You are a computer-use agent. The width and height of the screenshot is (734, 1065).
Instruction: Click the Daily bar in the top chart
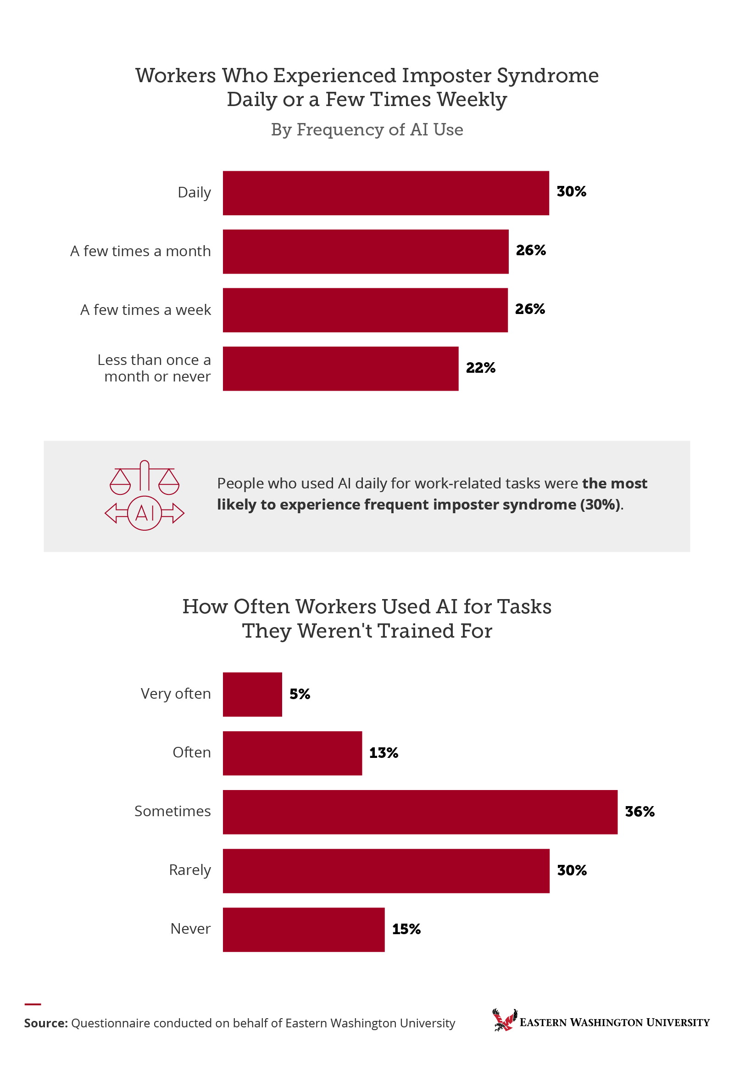385,193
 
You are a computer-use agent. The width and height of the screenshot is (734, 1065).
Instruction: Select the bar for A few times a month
366,251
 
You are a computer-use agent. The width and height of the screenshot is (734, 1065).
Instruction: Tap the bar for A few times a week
365,310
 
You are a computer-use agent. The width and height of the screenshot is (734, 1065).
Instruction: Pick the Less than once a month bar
340,368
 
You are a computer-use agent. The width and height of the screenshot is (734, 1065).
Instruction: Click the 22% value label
481,368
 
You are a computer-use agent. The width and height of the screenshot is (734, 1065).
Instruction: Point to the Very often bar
252,694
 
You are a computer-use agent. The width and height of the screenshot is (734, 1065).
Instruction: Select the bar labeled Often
292,753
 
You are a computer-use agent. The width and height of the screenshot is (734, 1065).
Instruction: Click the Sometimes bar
420,812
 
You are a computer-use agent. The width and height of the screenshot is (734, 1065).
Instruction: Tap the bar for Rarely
386,871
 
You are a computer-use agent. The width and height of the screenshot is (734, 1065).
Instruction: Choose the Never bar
304,929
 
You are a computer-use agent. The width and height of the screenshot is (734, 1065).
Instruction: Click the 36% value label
639,812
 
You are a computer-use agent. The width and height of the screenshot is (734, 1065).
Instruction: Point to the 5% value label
300,694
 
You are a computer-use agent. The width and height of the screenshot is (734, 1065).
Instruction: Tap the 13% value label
384,753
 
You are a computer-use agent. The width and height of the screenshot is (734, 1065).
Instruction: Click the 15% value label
406,929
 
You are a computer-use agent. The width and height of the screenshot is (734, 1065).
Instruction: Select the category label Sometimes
172,812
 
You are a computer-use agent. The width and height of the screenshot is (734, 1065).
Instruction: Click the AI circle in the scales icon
145,513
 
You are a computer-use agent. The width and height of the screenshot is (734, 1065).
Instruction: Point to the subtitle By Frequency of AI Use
367,130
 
